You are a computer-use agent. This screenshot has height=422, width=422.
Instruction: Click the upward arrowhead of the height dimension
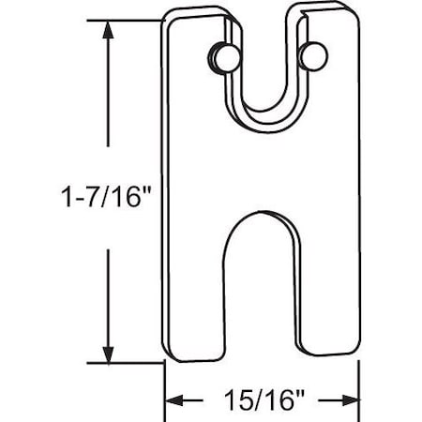click(110, 30)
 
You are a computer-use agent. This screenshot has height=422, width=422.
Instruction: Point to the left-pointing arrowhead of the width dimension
click(174, 400)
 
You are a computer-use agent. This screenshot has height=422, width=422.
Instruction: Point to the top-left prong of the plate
click(195, 56)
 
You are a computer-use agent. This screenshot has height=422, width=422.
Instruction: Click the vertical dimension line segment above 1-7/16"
click(110, 94)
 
